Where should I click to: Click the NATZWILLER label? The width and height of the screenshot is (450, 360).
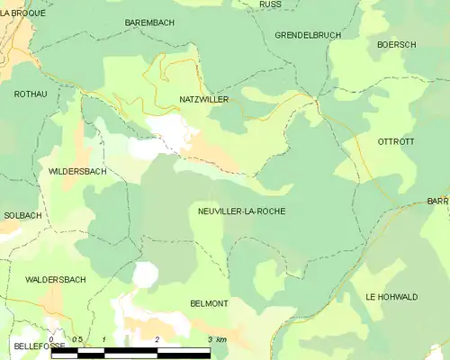(204, 98)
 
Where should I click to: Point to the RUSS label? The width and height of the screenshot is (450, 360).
(269, 4)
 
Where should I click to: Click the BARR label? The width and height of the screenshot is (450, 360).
(438, 202)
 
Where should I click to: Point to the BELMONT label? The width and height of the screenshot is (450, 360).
(209, 304)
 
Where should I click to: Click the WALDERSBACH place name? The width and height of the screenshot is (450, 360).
(56, 280)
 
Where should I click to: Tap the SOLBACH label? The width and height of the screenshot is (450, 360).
(22, 216)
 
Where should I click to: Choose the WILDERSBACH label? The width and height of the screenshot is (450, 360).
(77, 170)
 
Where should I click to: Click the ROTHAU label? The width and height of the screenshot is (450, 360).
(30, 94)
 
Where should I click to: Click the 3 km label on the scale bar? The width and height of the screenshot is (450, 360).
(216, 339)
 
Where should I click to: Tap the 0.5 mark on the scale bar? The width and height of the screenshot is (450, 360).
(77, 339)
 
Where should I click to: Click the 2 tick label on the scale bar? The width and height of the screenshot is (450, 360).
(157, 339)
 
